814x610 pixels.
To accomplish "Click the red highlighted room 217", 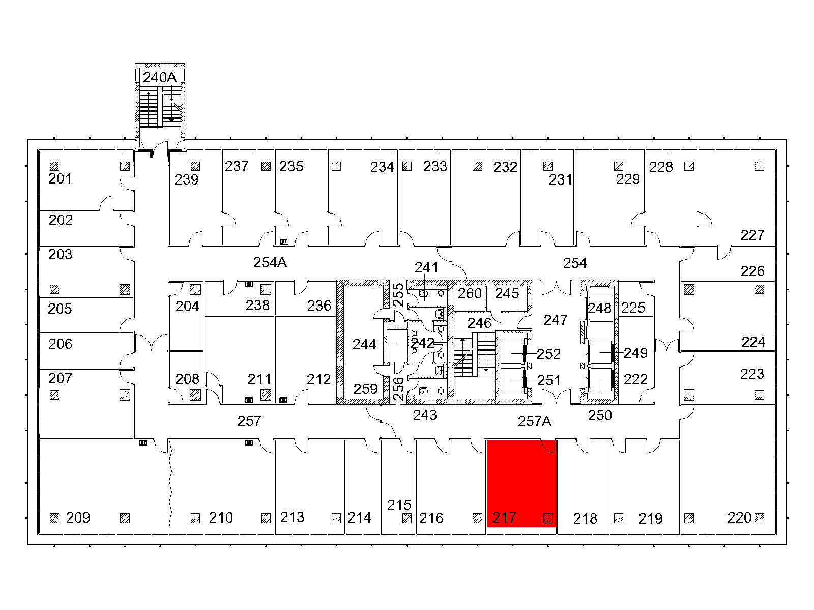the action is (521, 483).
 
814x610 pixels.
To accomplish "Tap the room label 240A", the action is (159, 77).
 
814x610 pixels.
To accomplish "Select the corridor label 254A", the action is (270, 263).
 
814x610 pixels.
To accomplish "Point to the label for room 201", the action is (60, 179).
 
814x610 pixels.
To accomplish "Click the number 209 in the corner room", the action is (78, 518).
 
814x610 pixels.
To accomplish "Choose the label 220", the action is (739, 518).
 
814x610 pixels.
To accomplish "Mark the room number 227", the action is (752, 235).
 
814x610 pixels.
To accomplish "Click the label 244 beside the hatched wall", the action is (364, 345).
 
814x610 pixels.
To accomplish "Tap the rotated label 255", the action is (398, 295).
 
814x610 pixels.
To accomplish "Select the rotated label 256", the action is (398, 389).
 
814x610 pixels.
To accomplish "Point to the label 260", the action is (470, 294).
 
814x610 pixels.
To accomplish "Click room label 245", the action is (507, 294).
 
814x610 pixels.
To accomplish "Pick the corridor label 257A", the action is (534, 421).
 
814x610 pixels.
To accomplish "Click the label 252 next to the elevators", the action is (548, 354).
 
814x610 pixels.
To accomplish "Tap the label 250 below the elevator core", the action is (600, 415).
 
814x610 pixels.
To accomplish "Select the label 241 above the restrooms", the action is (426, 268).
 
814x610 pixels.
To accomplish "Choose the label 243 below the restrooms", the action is (425, 415).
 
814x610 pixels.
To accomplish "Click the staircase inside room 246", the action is (475, 354).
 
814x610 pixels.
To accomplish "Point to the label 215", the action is (399, 505).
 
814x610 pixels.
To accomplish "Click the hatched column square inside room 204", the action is (195, 289).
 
